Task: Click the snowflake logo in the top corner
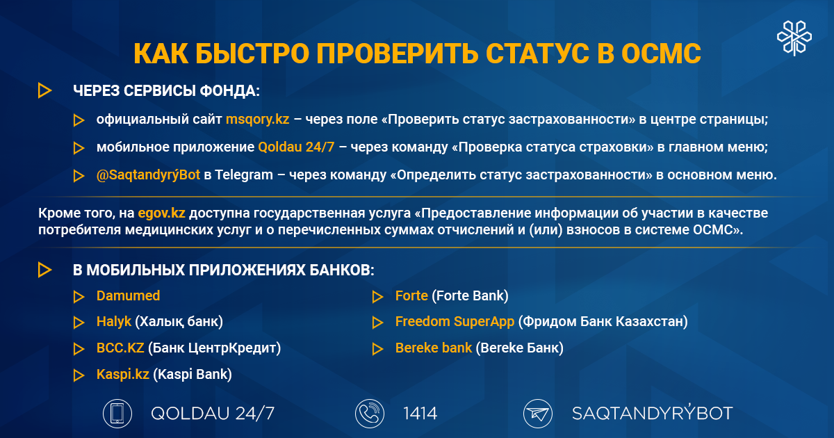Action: coord(792,37)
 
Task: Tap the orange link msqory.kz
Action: coord(257,120)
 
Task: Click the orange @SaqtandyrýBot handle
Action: coord(148,175)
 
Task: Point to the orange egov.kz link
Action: coord(162,213)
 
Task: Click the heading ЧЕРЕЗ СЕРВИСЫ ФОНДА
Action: coord(166,90)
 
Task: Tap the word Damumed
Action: coord(128,296)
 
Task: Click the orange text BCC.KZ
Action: coord(120,348)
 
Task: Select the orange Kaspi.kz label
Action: coord(123,375)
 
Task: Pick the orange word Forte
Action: coord(411,296)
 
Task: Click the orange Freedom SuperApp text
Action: coord(455,322)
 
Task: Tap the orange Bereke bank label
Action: coord(434,348)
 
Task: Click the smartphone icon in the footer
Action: coord(117,414)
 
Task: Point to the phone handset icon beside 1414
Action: coord(368,414)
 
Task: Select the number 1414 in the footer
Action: coord(420,414)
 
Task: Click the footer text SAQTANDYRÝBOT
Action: coord(652,414)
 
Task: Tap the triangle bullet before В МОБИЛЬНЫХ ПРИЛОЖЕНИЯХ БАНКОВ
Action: coord(44,270)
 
